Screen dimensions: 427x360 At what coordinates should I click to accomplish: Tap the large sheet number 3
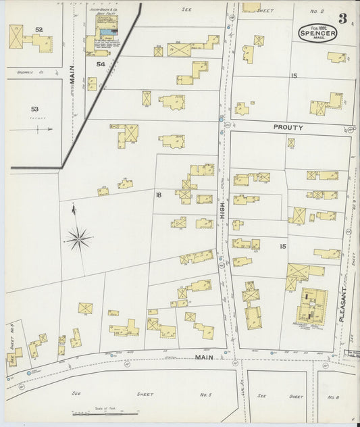click(342, 18)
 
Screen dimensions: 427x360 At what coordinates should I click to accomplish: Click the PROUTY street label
click(288, 126)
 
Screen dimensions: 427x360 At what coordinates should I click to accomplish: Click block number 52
click(39, 30)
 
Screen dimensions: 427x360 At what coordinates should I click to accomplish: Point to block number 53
click(35, 108)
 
